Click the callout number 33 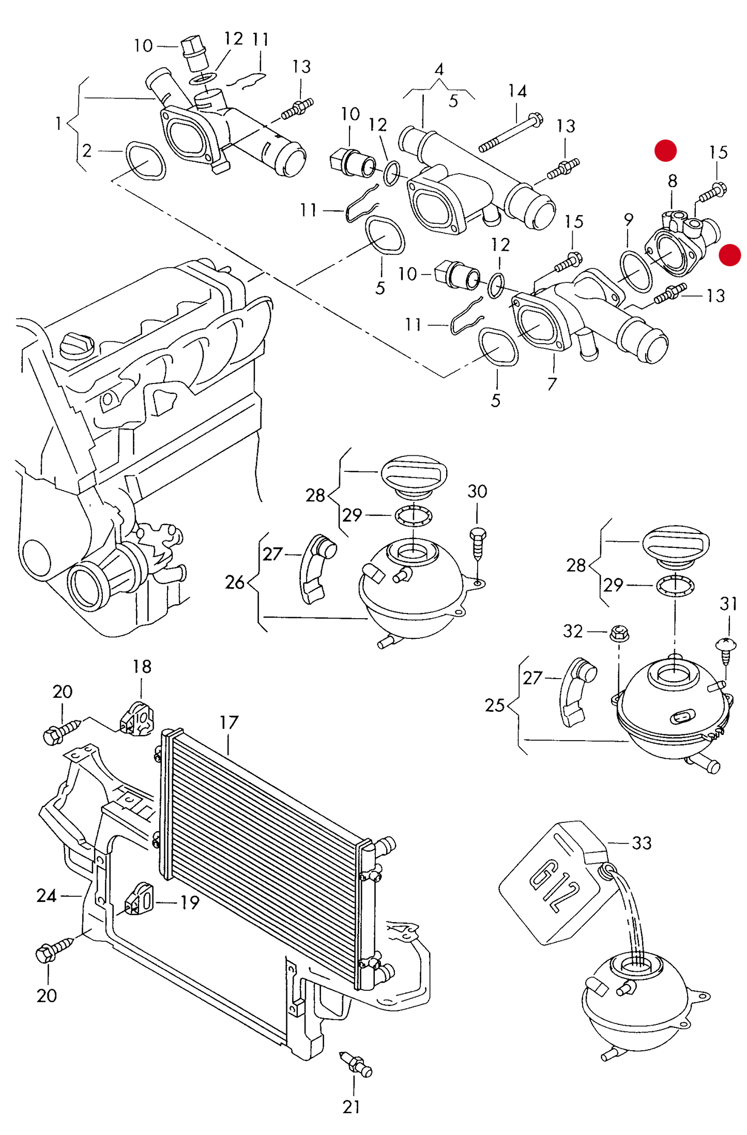pyautogui.click(x=642, y=843)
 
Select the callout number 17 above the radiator pyautogui.click(x=228, y=723)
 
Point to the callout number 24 pyautogui.click(x=47, y=896)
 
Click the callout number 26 pyautogui.click(x=235, y=582)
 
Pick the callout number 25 pyautogui.click(x=494, y=705)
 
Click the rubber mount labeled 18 pyautogui.click(x=136, y=718)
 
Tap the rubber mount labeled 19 pyautogui.click(x=140, y=899)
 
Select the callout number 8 pyautogui.click(x=672, y=181)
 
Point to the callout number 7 pyautogui.click(x=552, y=384)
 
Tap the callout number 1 pyautogui.click(x=58, y=124)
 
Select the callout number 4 pyautogui.click(x=439, y=69)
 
